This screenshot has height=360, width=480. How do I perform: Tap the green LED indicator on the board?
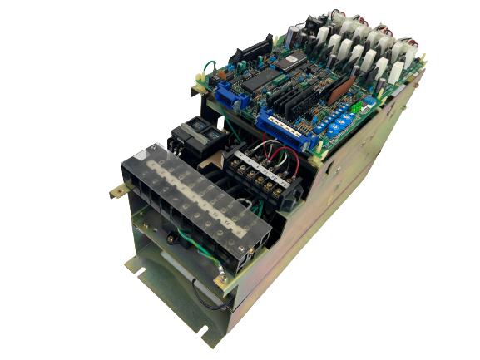point(358,106)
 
